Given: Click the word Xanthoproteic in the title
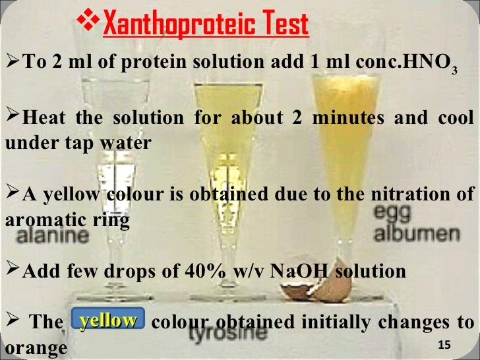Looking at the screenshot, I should [x=173, y=24].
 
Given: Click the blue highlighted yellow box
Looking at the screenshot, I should [x=107, y=321].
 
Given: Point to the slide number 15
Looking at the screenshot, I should [x=443, y=345].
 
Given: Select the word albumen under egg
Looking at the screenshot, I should [x=417, y=233].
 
